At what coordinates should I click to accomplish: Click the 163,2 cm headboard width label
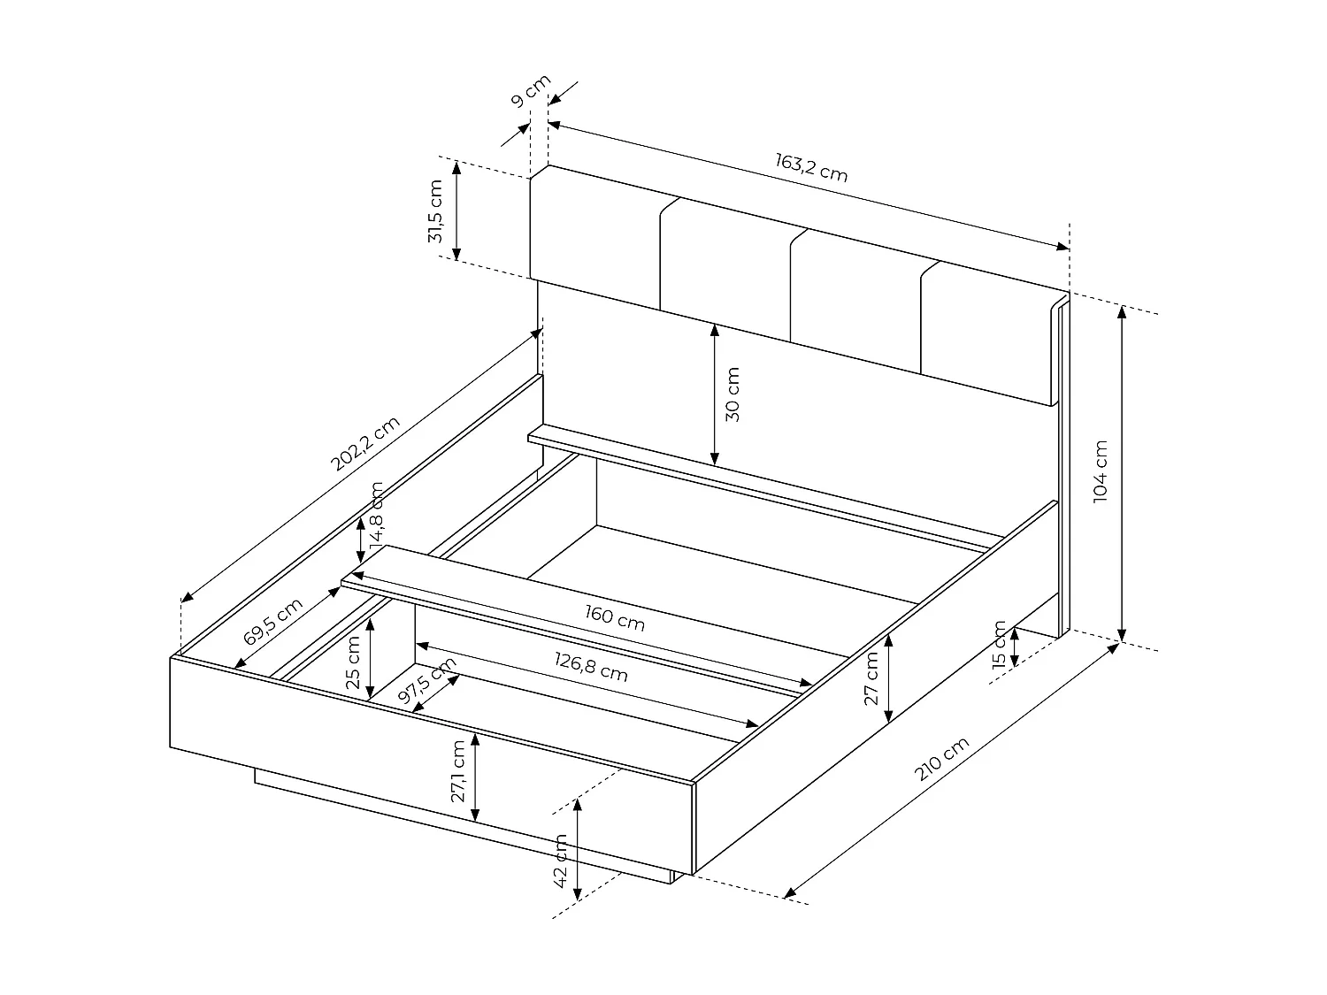[811, 167]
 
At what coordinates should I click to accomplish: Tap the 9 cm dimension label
[530, 91]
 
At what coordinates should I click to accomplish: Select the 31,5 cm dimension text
[435, 211]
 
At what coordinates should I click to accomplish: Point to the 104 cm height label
[1100, 471]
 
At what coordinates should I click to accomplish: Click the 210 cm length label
[942, 759]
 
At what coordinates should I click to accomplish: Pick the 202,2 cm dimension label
[364, 456]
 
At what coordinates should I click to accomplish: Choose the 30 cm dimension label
[733, 394]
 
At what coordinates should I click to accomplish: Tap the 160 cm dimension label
[615, 617]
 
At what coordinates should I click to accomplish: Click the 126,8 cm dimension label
[591, 668]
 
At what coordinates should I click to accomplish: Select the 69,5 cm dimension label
[273, 621]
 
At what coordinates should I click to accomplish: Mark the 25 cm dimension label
[353, 662]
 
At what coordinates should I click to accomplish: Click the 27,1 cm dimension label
[457, 771]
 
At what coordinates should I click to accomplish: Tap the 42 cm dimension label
[559, 861]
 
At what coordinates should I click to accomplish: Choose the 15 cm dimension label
[1000, 646]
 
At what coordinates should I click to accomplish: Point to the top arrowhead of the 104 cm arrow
[1122, 310]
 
